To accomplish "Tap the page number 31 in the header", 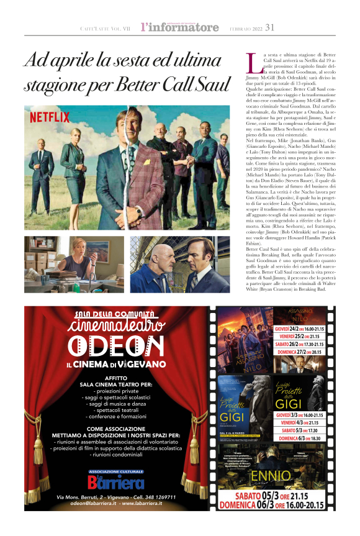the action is pyautogui.click(x=269, y=27).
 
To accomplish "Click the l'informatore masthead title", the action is pyautogui.click(x=179, y=27).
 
